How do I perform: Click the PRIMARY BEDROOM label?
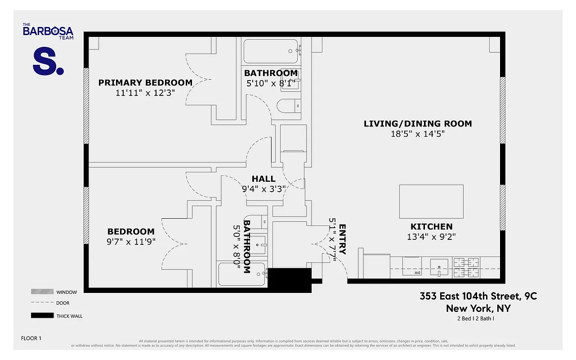point(145,83)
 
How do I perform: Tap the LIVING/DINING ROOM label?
point(418,124)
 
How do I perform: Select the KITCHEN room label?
point(431,227)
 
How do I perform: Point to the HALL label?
point(263,179)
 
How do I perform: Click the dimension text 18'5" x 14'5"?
point(418,134)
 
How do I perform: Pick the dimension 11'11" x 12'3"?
point(145,93)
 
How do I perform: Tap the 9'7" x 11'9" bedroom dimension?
point(131,242)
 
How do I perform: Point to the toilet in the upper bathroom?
point(286,105)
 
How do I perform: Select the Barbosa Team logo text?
point(48,31)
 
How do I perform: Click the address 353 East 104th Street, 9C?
point(478,296)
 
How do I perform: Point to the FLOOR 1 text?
point(31,338)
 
